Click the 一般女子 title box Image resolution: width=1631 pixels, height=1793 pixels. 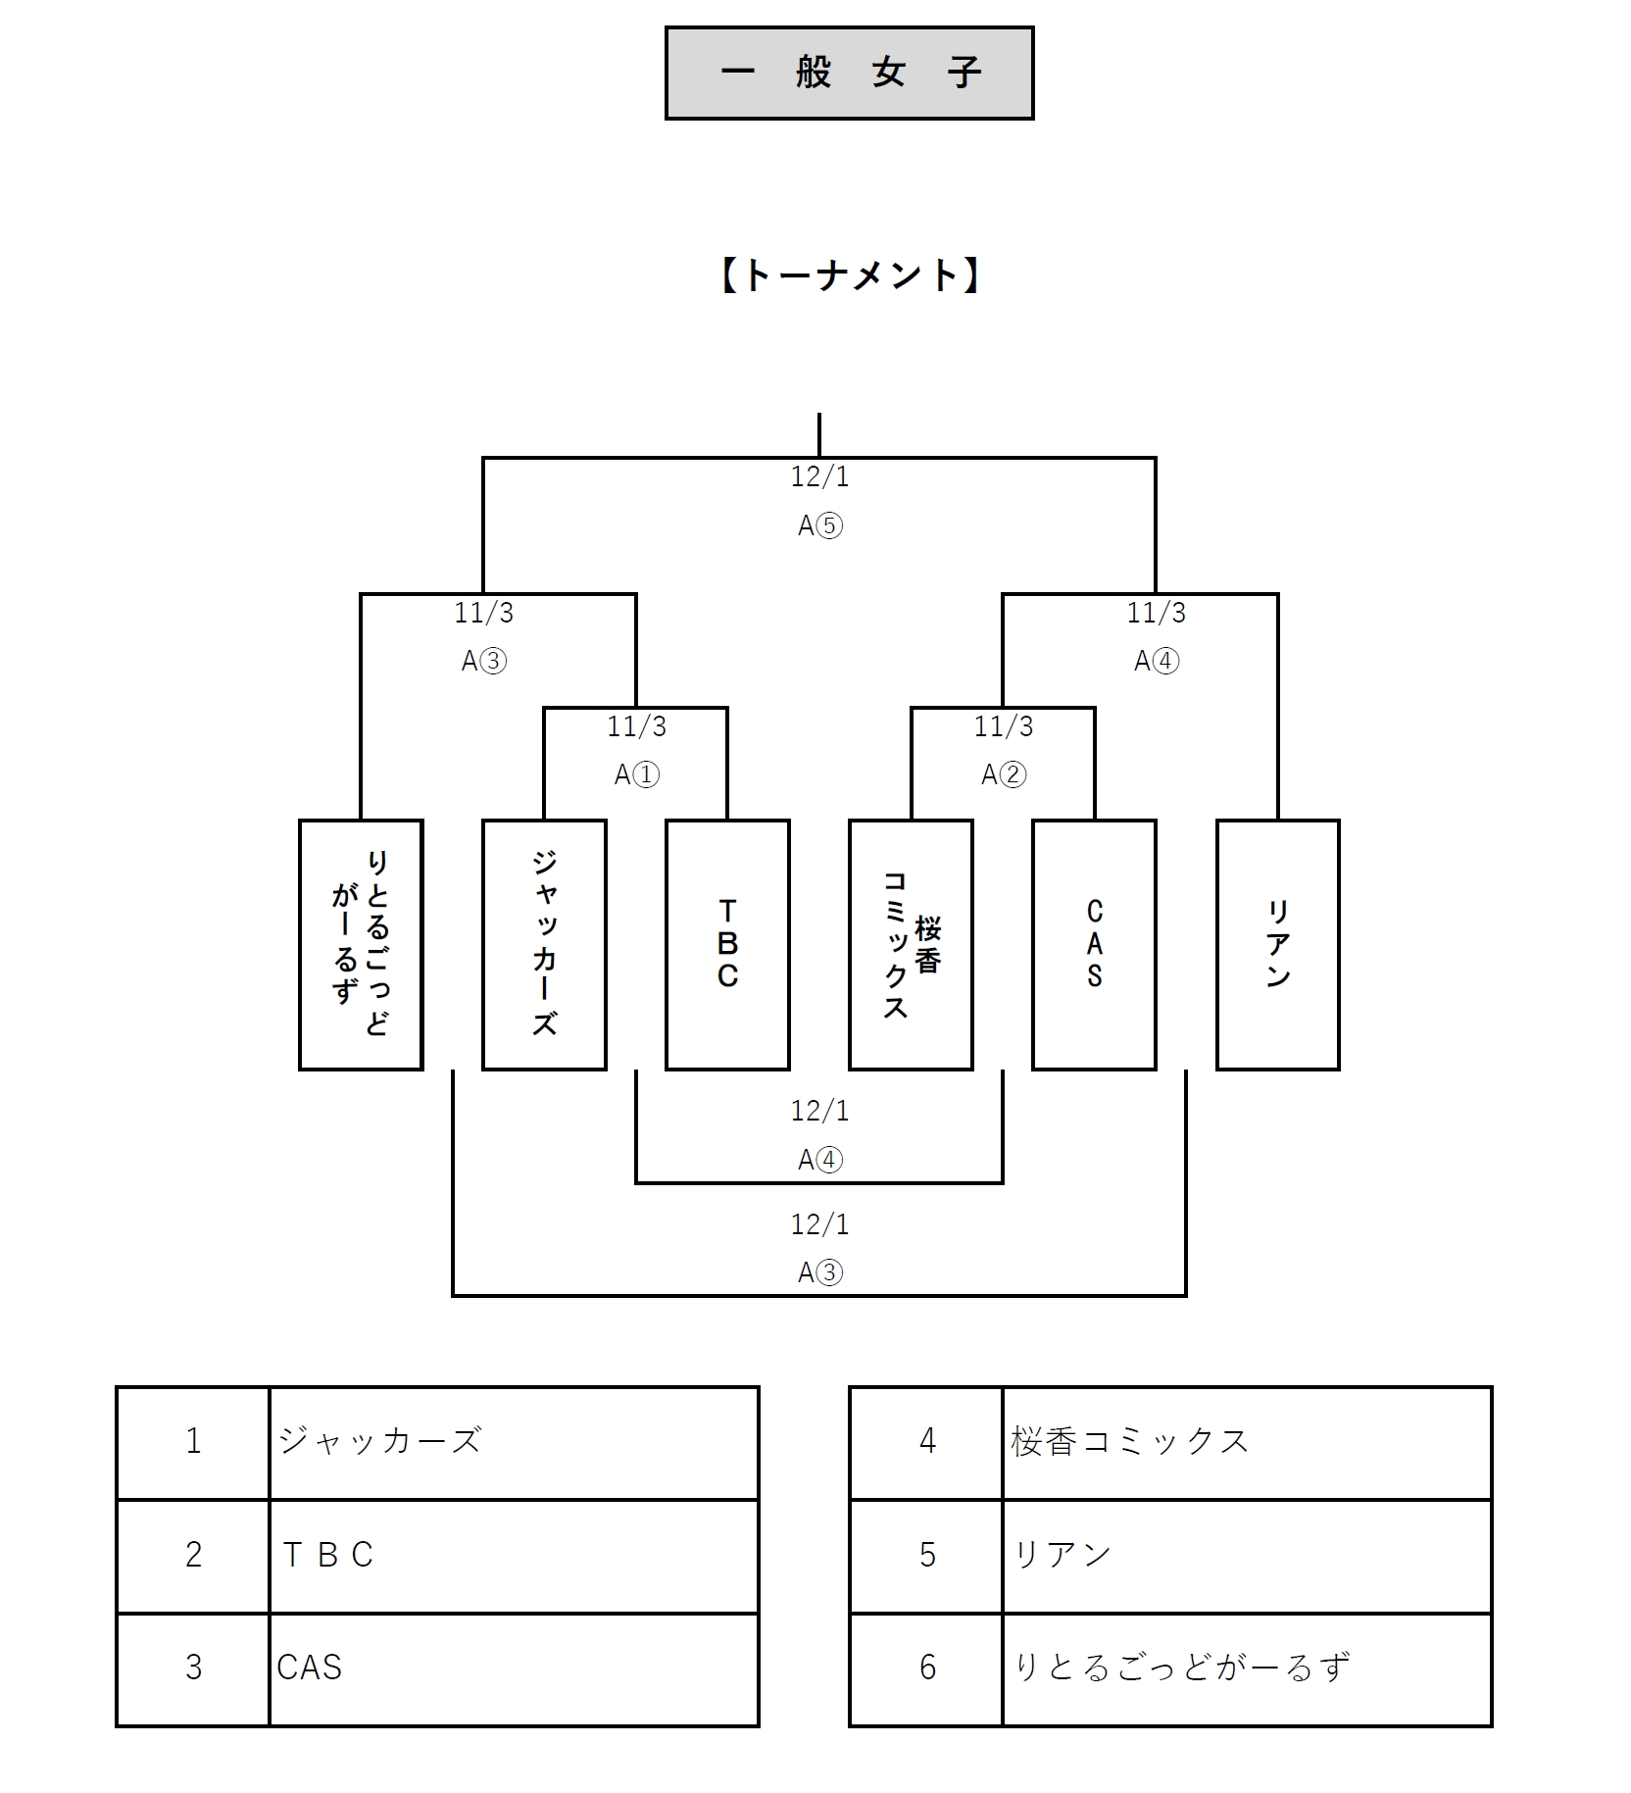pos(849,74)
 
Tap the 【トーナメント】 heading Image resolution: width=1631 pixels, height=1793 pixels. pos(849,276)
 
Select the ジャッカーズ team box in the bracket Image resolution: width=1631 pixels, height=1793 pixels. pos(544,944)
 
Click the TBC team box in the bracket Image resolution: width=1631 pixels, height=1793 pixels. pos(727,944)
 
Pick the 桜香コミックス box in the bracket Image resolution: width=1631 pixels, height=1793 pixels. pos(911,944)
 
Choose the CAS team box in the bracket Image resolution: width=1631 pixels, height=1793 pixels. pos(1094,944)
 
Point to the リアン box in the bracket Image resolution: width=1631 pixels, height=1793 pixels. pos(1277,944)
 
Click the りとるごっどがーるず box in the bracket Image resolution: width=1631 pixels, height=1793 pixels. pos(361,944)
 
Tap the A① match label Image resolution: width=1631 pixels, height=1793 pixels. pos(637,775)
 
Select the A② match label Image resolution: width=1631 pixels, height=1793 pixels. pos(1004,775)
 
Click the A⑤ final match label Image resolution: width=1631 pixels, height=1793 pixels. pos(820,526)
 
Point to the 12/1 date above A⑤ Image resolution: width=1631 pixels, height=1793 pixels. pos(820,477)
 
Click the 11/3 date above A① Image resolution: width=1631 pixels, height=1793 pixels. pos(637,726)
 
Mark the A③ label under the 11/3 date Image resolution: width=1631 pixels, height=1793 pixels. pos(484,661)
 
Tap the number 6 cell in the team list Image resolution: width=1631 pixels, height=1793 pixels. pos(926,1668)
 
